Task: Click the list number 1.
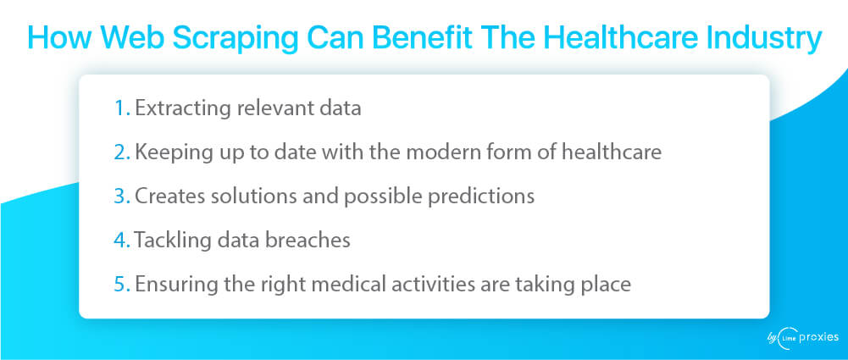pos(122,108)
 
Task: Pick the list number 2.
pos(122,152)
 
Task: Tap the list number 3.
pos(122,197)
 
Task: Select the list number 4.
pos(122,240)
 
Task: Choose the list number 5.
pos(122,284)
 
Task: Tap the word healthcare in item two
pos(612,152)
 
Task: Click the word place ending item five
pos(607,285)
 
